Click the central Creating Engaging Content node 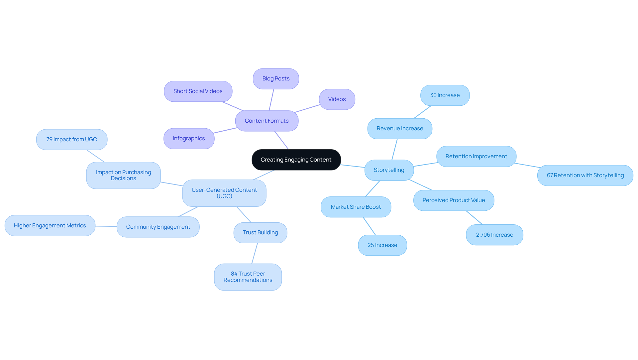tap(296, 160)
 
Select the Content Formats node tap(266, 121)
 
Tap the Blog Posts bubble tap(276, 79)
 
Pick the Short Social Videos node tap(198, 91)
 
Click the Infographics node tap(189, 139)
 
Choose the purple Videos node tap(337, 99)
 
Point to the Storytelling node tap(389, 170)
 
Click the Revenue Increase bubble tap(400, 128)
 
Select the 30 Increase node tap(445, 95)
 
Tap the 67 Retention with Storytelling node tap(585, 175)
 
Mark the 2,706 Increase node tap(494, 235)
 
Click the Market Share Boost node tap(356, 207)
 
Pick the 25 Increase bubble tap(382, 245)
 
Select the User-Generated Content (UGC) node tap(224, 193)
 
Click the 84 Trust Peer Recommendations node tap(248, 277)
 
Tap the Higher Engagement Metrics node tap(50, 225)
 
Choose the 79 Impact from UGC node tap(71, 139)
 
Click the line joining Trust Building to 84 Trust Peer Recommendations tap(255, 253)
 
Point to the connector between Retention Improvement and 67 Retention tap(527, 165)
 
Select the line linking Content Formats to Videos tap(307, 108)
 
